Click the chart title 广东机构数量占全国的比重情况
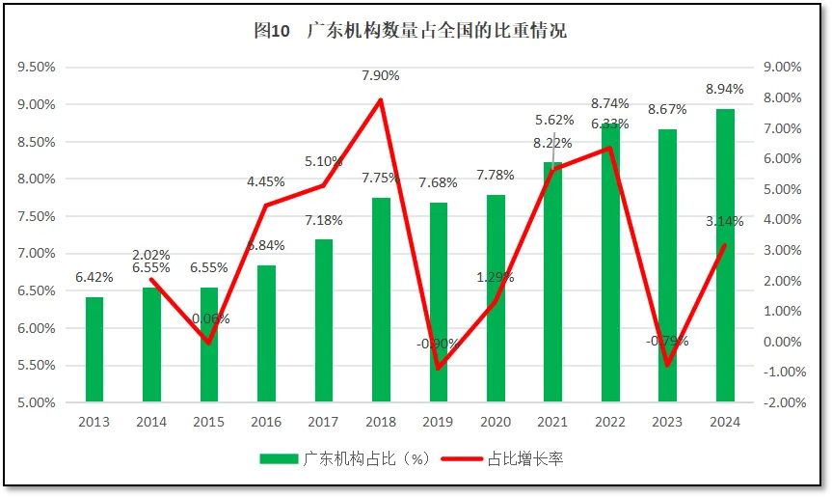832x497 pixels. click(x=410, y=31)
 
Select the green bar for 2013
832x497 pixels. click(x=94, y=348)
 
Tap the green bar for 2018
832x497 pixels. click(x=381, y=299)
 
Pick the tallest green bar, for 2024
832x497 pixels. click(x=725, y=256)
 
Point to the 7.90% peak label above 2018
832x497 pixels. click(x=381, y=75)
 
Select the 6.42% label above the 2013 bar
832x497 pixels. click(x=94, y=277)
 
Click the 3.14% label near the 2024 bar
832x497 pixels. click(x=725, y=221)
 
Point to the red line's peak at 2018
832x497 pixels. click(x=381, y=100)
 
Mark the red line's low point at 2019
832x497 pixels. click(x=439, y=368)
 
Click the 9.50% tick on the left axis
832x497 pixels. click(x=37, y=68)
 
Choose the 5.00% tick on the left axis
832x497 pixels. click(x=37, y=402)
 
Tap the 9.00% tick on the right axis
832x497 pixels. click(x=782, y=68)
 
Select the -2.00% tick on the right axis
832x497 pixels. click(x=782, y=402)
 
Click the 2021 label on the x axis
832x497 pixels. click(x=552, y=422)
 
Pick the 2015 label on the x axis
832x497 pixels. click(x=208, y=422)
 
